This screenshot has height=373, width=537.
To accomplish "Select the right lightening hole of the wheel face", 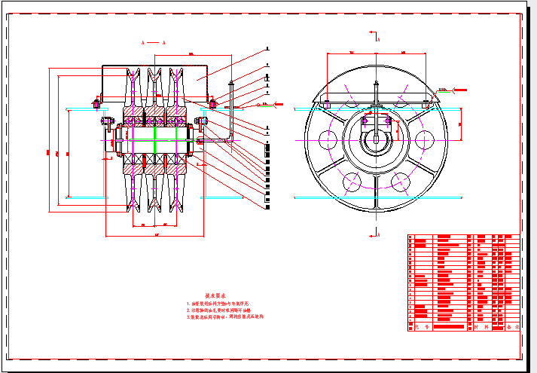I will coord(426,139).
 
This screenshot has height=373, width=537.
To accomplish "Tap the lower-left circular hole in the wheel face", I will coord(352,182).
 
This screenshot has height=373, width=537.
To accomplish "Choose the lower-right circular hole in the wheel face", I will coord(401,182).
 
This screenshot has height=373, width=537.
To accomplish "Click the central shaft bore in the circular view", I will coord(376,140).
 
